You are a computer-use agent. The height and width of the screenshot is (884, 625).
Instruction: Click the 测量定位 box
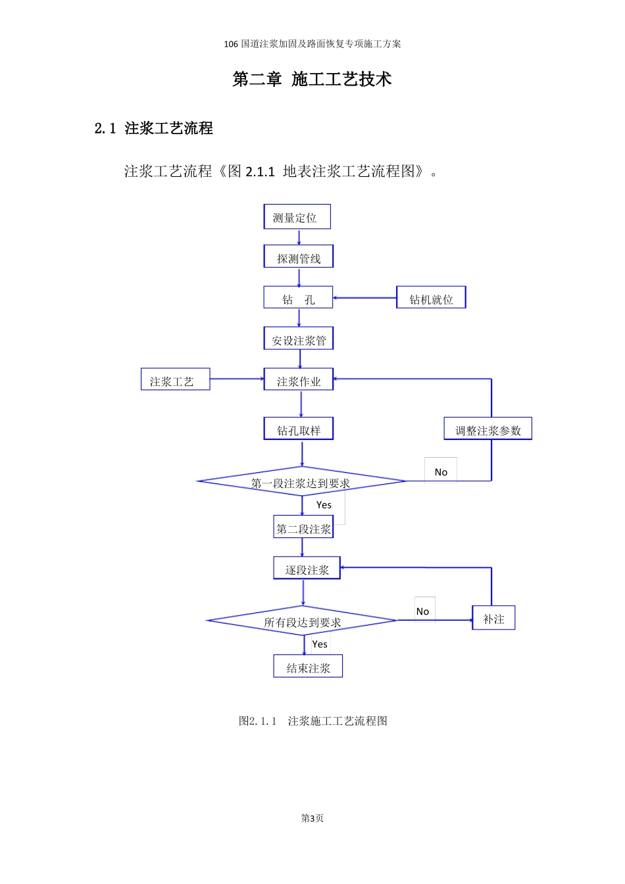pyautogui.click(x=297, y=217)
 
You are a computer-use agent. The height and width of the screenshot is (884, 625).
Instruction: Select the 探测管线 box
pyautogui.click(x=299, y=257)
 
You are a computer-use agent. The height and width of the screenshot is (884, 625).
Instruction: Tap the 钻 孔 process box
pyautogui.click(x=298, y=298)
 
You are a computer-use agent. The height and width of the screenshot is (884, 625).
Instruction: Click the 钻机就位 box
pyautogui.click(x=431, y=298)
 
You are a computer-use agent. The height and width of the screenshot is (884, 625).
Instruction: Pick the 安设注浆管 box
pyautogui.click(x=299, y=339)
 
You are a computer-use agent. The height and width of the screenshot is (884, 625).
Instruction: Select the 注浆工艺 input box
pyautogui.click(x=175, y=380)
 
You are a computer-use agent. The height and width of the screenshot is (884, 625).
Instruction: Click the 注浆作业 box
pyautogui.click(x=299, y=380)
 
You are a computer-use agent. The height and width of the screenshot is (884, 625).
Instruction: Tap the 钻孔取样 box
pyautogui.click(x=299, y=430)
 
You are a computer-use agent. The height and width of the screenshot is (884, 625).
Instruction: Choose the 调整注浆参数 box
pyautogui.click(x=488, y=430)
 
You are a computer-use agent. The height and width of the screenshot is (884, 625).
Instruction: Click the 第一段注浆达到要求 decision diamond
pyautogui.click(x=301, y=482)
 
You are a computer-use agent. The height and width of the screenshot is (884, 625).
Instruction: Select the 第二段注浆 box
pyautogui.click(x=303, y=528)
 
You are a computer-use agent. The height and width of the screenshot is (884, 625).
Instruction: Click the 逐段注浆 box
pyautogui.click(x=307, y=569)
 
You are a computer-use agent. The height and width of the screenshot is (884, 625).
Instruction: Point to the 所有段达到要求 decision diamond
pyautogui.click(x=302, y=621)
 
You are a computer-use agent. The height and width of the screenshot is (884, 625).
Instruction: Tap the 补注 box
pyautogui.click(x=493, y=618)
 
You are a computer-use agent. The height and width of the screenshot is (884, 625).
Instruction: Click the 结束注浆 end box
pyautogui.click(x=308, y=667)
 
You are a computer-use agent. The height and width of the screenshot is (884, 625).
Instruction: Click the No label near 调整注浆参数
pyautogui.click(x=441, y=472)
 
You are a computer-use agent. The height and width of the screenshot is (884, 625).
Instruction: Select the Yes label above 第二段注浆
pyautogui.click(x=324, y=504)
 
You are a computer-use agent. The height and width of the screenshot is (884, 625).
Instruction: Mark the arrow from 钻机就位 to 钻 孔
pyautogui.click(x=364, y=298)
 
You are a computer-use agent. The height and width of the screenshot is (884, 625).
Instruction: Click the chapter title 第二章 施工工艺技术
pyautogui.click(x=312, y=79)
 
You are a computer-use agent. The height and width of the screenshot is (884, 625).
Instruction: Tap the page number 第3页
pyautogui.click(x=312, y=818)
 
